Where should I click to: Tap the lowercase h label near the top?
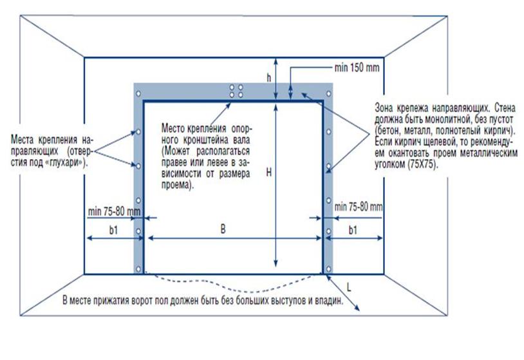pos(269,77)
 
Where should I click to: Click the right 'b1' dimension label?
pos(354,229)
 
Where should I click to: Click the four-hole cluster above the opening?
pos(236,90)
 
